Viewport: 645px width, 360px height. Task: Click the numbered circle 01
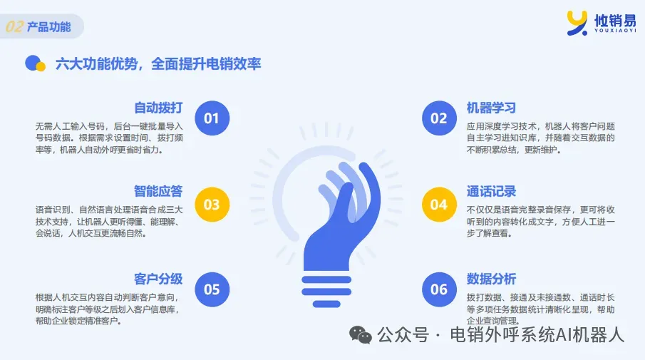click(212, 118)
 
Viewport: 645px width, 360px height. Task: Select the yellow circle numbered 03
click(212, 205)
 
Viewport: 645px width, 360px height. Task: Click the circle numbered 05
click(212, 289)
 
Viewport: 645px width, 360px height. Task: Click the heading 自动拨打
click(158, 108)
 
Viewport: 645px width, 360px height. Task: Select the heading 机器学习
click(491, 108)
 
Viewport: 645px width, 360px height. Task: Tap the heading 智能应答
click(158, 191)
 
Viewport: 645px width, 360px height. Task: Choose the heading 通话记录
click(491, 191)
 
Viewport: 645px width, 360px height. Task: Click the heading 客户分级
click(158, 279)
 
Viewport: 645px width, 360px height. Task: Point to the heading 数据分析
click(491, 279)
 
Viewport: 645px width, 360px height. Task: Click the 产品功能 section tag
click(49, 27)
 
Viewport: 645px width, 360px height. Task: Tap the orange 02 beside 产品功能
click(14, 27)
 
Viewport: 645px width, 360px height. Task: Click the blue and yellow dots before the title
click(35, 63)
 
